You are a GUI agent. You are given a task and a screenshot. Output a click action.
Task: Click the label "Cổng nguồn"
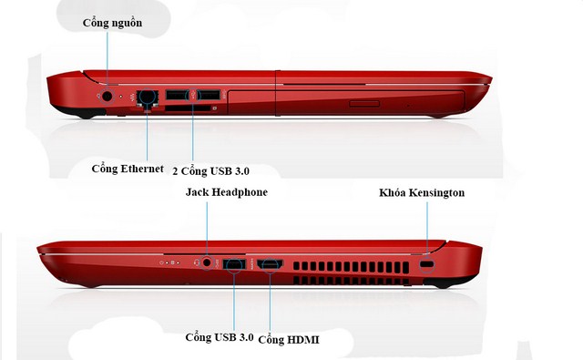click(112, 23)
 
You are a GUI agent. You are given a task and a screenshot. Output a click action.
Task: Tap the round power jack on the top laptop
click(107, 97)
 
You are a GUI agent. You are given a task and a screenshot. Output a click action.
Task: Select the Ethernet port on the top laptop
click(148, 98)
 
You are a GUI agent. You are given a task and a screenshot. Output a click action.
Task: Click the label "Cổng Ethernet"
click(128, 169)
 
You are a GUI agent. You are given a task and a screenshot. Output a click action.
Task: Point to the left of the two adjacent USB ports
click(177, 95)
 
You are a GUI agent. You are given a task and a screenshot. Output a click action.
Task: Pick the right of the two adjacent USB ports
click(209, 95)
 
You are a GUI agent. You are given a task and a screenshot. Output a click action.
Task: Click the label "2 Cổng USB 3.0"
click(210, 171)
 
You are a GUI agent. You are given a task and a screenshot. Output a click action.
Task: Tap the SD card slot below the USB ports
click(188, 108)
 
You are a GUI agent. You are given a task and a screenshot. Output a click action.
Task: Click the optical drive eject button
click(364, 104)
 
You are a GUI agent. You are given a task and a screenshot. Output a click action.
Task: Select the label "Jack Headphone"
click(227, 192)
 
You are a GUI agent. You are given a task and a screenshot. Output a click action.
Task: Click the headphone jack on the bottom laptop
click(207, 262)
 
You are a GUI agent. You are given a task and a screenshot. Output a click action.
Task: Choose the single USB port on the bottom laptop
click(234, 263)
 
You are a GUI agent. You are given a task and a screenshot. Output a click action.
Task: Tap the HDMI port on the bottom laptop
click(271, 263)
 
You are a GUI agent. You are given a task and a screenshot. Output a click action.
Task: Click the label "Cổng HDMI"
click(289, 340)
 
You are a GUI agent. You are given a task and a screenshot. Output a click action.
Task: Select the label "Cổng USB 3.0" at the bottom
click(220, 337)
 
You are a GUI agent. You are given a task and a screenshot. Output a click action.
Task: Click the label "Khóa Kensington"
click(422, 192)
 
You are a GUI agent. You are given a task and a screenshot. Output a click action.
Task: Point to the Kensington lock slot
click(426, 264)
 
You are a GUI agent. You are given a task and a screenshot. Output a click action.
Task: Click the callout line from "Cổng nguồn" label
click(107, 61)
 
